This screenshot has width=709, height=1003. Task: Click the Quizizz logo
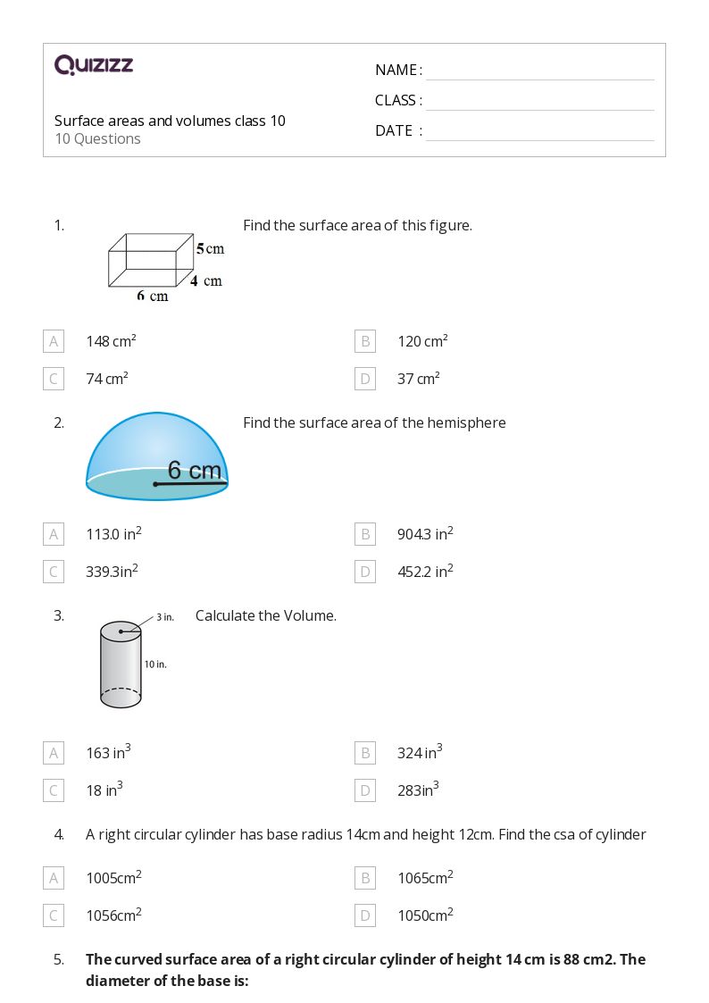click(94, 64)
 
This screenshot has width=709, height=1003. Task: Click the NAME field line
click(539, 71)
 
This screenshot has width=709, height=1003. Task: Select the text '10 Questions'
click(97, 138)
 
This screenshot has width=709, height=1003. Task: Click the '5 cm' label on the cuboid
click(210, 248)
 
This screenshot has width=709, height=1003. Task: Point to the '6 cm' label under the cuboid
click(152, 296)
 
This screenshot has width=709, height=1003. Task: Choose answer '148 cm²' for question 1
click(111, 341)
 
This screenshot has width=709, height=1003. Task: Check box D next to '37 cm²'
click(364, 379)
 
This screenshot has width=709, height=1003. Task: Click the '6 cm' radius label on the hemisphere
click(195, 470)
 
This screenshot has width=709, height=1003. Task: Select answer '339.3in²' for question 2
click(112, 572)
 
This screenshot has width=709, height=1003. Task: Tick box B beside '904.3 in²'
click(364, 534)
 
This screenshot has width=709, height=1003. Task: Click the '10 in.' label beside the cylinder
click(155, 664)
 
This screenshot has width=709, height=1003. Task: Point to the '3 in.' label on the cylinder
click(165, 617)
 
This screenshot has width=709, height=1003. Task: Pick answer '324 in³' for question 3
click(420, 753)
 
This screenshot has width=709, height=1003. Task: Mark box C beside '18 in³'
click(54, 790)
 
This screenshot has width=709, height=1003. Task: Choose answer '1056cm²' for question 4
click(113, 915)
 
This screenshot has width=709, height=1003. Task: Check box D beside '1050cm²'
click(364, 915)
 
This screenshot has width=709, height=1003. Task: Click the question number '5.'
click(59, 959)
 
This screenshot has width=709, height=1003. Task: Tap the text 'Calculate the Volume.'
click(266, 615)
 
